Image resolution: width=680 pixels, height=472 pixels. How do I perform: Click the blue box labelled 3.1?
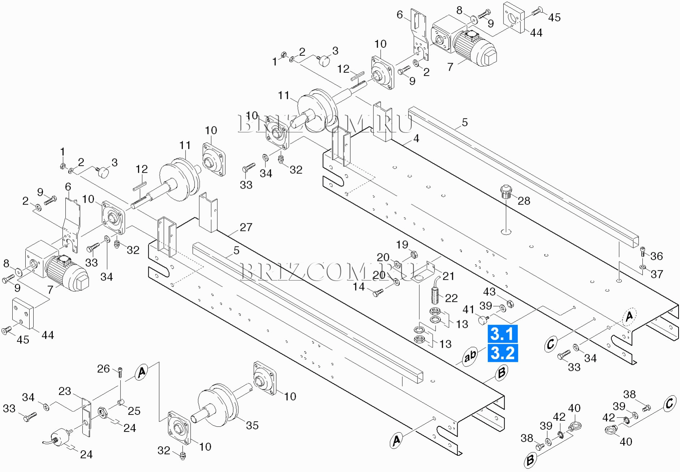(x=502, y=334)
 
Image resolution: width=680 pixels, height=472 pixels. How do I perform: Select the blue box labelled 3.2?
(x=502, y=353)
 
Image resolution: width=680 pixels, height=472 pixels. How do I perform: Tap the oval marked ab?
(x=470, y=356)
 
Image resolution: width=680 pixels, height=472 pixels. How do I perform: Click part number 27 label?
(x=246, y=227)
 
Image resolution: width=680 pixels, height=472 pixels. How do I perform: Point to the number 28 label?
(x=524, y=201)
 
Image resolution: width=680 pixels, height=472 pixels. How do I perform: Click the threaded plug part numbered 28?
(x=506, y=190)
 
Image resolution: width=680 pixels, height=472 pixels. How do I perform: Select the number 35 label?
(x=252, y=425)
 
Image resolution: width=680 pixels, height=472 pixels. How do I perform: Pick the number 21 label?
(x=448, y=276)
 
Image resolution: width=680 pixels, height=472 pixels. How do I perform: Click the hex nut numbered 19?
(x=414, y=254)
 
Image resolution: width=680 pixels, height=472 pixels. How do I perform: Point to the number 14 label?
(x=359, y=287)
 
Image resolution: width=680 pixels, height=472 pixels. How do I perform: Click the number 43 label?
(x=489, y=292)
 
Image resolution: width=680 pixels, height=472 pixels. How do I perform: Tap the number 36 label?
(x=656, y=256)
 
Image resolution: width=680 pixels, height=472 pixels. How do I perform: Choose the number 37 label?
(x=657, y=274)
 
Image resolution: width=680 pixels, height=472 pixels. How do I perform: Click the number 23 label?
(x=65, y=391)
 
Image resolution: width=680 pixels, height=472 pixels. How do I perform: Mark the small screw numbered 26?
(x=120, y=372)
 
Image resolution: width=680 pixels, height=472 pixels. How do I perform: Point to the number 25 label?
(x=134, y=411)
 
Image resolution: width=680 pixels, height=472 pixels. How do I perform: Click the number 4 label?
(x=416, y=138)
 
